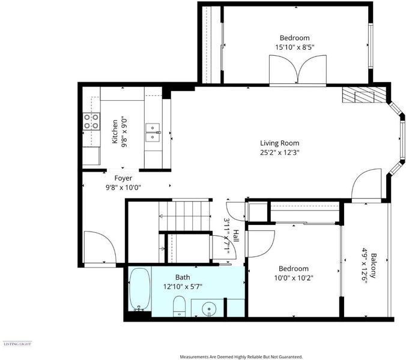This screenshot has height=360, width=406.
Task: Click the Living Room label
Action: pos(279,143)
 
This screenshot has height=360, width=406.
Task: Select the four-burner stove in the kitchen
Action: pos(91,121)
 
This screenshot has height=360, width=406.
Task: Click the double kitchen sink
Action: pos(153,133)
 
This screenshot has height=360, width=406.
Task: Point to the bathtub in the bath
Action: pos(140,289)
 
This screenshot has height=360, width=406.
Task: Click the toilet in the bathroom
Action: pos(179,306)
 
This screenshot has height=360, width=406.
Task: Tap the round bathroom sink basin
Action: pos(208,309)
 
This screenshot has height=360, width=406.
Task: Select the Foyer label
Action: pos(123,178)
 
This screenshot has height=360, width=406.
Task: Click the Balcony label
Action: pos(373,266)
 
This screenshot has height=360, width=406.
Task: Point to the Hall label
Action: pos(235,236)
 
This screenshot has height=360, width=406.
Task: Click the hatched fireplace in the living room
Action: pos(365,94)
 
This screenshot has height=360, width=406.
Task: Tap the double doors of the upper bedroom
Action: pos(298,70)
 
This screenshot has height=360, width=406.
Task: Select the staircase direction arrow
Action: pos(185,216)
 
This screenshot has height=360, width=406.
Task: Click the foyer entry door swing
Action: pos(100,247)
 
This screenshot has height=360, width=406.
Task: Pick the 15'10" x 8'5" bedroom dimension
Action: pos(295,47)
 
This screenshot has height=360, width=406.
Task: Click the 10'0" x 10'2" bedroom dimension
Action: pos(294,278)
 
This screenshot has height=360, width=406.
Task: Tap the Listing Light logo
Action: pos(17,344)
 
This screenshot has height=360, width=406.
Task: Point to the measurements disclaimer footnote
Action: pos(241,357)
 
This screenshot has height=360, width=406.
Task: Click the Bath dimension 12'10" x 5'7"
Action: pos(183,287)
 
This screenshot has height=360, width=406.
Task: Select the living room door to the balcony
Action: pos(366,185)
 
